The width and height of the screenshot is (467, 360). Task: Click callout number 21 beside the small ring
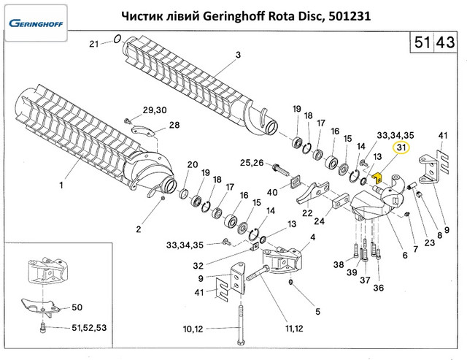[x=93, y=45]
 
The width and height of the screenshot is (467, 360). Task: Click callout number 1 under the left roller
[x=62, y=185]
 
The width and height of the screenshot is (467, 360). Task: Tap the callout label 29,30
[x=154, y=110]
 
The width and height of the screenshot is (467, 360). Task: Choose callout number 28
[x=174, y=125]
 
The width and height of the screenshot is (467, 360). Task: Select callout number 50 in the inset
[x=76, y=308]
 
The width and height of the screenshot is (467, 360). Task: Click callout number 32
[x=198, y=264]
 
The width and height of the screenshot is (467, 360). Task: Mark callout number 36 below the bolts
[x=378, y=287]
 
